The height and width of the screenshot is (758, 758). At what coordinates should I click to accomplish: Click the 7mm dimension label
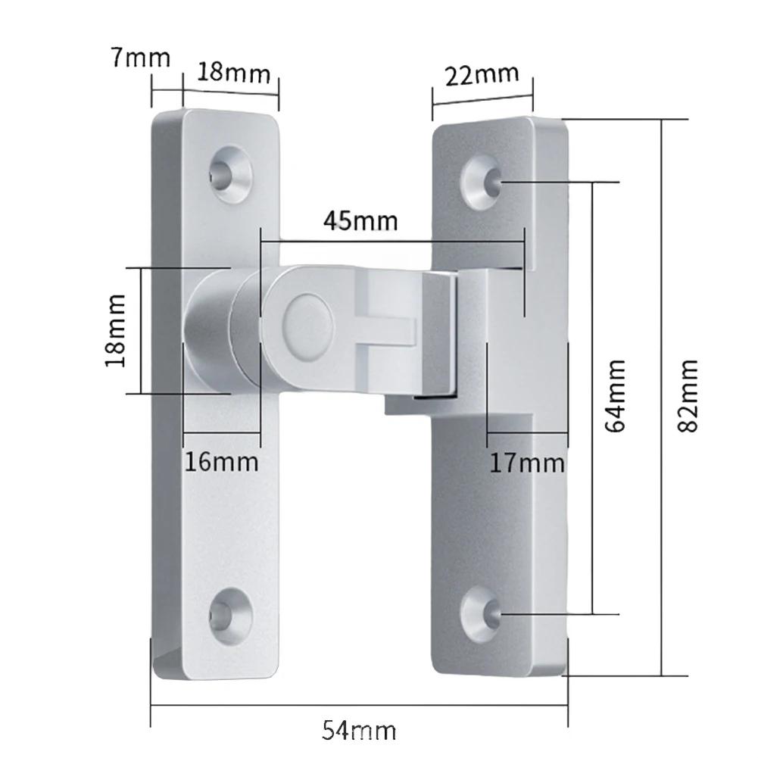[141, 58]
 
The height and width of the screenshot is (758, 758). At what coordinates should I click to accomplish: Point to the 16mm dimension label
[223, 460]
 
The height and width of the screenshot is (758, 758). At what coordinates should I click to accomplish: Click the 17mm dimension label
[527, 461]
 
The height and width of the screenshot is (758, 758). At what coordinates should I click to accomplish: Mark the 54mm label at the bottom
[360, 731]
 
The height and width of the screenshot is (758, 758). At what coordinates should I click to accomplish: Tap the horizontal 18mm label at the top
[234, 73]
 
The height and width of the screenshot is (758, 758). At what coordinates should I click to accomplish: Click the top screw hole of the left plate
[229, 173]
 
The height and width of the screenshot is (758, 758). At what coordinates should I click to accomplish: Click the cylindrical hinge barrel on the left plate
[208, 331]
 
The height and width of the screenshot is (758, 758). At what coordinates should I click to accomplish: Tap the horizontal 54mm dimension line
[360, 707]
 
